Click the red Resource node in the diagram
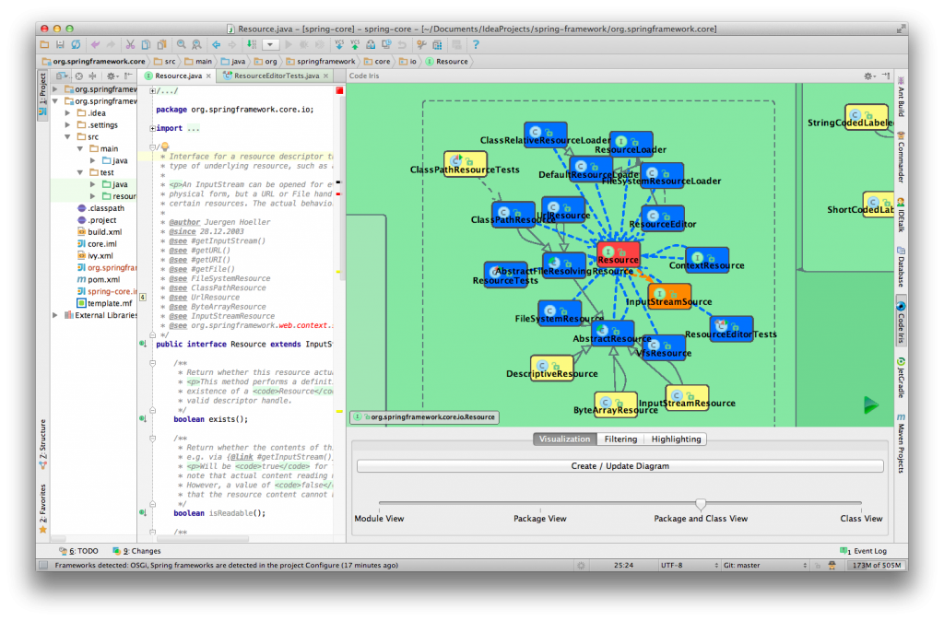[618, 254]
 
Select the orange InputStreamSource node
[668, 296]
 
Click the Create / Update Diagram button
[619, 466]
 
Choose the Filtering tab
[620, 439]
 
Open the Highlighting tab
[676, 439]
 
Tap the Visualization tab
[564, 439]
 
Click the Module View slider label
[379, 519]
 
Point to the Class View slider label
[861, 519]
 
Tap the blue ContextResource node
[706, 260]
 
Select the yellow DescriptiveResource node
[552, 369]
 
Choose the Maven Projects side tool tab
[901, 443]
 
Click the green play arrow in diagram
[870, 404]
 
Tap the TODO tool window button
[83, 551]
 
